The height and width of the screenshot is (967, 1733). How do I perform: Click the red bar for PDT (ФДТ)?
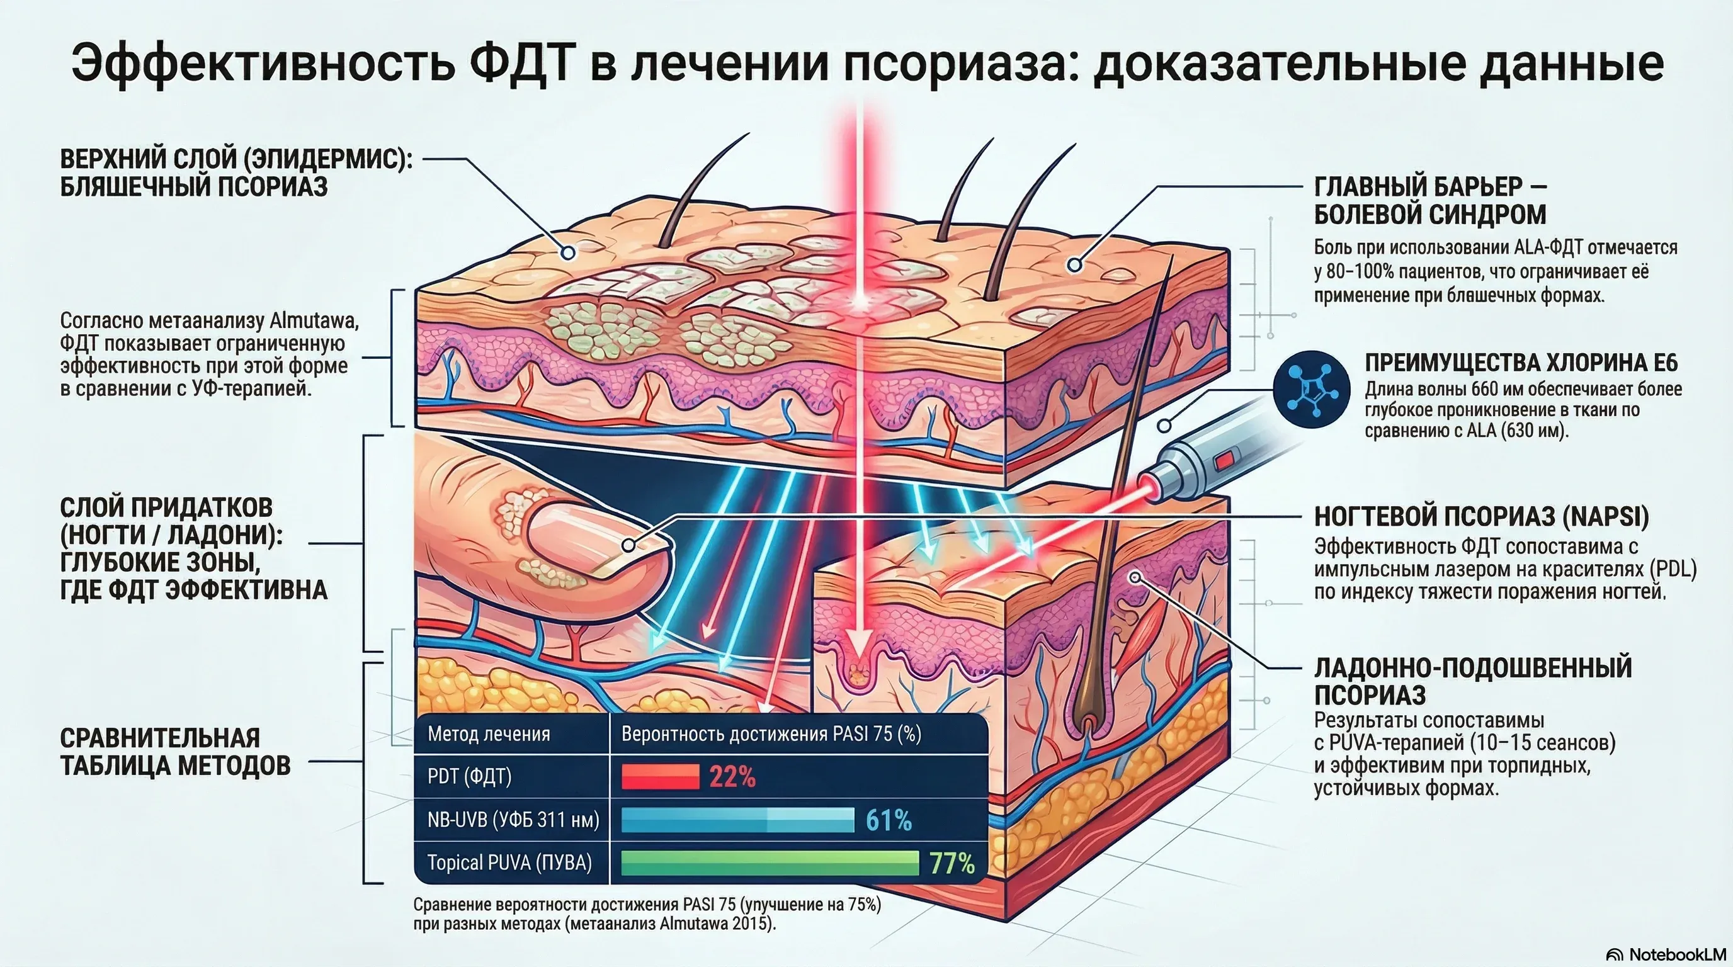(660, 777)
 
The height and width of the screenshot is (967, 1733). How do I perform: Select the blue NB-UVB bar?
(737, 820)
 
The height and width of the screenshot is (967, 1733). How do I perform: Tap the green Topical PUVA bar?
(769, 862)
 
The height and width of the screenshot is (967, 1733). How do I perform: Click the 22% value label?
(732, 778)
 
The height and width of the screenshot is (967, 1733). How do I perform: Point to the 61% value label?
(888, 820)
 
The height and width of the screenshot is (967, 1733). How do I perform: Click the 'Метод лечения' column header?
(489, 733)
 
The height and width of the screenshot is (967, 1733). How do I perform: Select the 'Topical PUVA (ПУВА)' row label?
(509, 862)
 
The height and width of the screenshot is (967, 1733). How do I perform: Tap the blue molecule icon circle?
(1311, 389)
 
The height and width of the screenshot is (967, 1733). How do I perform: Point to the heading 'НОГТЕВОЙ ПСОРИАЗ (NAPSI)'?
(1481, 516)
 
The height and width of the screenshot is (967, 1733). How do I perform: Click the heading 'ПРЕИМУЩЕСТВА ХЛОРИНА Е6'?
(1521, 363)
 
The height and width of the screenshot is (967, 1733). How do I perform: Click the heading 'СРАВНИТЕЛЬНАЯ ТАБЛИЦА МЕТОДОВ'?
(175, 752)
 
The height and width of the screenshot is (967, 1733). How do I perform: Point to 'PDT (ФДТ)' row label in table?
(470, 777)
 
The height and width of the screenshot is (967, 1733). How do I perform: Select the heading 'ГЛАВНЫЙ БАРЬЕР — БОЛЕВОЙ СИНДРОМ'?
(1430, 200)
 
